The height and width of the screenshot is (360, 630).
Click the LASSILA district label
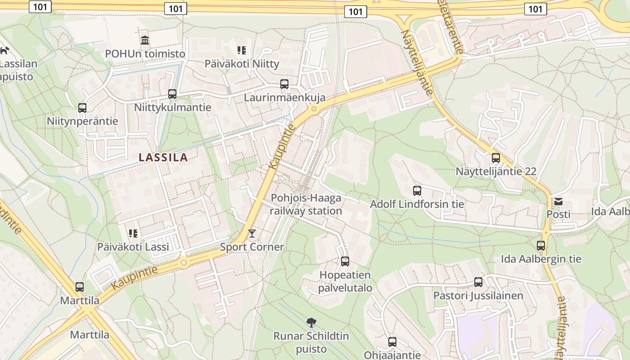[163, 157]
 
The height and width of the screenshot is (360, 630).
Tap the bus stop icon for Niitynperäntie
[82, 108]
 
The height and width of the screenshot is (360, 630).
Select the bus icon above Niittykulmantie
[172, 94]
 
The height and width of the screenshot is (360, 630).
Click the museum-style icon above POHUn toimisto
[145, 40]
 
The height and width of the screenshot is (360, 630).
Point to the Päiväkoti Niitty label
[242, 63]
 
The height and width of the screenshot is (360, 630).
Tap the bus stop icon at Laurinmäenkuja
[284, 84]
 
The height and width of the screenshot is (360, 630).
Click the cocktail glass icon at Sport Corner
[252, 233]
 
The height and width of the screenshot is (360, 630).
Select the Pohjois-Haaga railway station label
[306, 204]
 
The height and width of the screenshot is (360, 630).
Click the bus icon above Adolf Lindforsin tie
[417, 191]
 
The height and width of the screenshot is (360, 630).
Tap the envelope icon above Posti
[558, 201]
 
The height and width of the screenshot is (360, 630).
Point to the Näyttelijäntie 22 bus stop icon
[495, 158]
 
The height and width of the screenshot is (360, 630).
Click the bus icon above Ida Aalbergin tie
[541, 246]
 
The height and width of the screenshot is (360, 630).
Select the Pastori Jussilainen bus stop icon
[478, 282]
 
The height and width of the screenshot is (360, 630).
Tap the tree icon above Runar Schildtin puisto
[311, 322]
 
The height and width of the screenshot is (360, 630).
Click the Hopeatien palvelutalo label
[345, 282]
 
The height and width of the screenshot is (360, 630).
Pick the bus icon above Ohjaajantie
[392, 342]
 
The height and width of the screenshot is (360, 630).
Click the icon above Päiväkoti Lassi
[133, 233]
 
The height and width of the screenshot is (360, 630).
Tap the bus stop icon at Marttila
[80, 287]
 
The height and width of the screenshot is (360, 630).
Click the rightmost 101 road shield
[535, 9]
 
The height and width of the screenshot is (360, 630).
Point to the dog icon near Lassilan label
[4, 50]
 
